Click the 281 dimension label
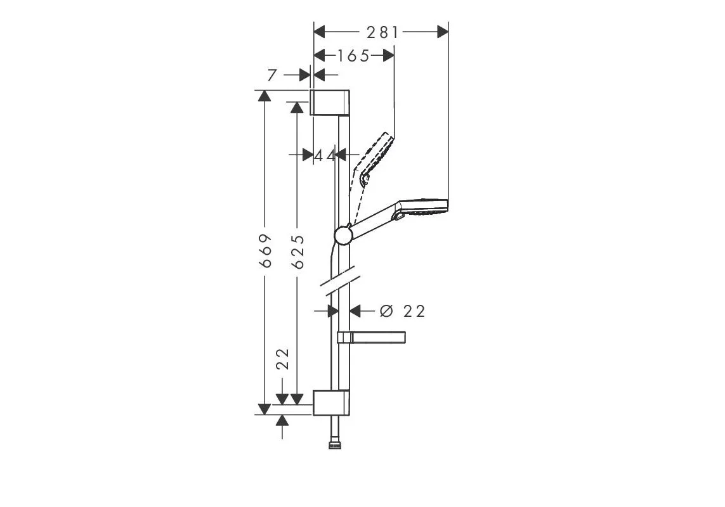tap(382, 32)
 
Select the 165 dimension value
tap(353, 56)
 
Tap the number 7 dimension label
tap(272, 75)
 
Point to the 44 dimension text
tap(325, 155)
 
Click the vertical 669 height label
tap(265, 250)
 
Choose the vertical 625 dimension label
tap(299, 252)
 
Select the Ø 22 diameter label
tap(402, 311)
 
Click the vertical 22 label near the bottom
tap(282, 359)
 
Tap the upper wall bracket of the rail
tap(330, 102)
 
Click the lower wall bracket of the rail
tap(331, 402)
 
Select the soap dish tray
tap(372, 337)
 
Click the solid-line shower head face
tap(423, 207)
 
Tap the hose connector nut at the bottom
tap(334, 446)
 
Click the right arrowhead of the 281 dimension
tap(443, 32)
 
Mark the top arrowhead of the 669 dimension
tap(264, 96)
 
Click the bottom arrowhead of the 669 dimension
tap(264, 409)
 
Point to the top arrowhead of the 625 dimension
tap(297, 108)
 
